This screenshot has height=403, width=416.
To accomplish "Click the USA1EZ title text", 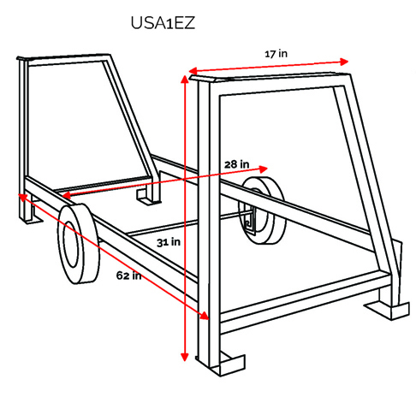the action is pos(163,23).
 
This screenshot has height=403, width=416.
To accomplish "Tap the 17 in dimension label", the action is pos(276,54).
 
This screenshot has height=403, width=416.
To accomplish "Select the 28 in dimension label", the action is pos(236,164).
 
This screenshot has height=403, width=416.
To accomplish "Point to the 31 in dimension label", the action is pos(169,242).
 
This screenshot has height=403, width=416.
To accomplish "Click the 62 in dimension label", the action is pos(128,276).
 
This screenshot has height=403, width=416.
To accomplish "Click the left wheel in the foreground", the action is pos(79,244).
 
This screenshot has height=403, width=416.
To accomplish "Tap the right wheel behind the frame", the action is pos(263,210).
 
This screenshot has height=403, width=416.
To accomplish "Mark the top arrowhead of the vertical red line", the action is pos(185,79).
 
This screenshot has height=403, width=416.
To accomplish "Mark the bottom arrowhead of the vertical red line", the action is pos(185,357).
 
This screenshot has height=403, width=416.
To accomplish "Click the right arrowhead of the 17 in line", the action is pos(344,62).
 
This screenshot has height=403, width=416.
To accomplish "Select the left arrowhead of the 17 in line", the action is pos(193,70).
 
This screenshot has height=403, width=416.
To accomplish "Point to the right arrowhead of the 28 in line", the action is pos(264,169).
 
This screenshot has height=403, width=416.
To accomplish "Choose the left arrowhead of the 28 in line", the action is pos(66,195).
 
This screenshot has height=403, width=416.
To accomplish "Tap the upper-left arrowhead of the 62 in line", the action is pos(22,197).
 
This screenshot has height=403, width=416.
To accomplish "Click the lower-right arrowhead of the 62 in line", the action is pos(205,316).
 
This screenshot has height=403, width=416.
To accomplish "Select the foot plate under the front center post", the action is pos(225,364).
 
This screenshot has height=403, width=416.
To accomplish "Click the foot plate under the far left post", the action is pos(31,217).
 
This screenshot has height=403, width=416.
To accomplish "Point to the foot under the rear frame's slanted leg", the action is pos(147,198).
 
